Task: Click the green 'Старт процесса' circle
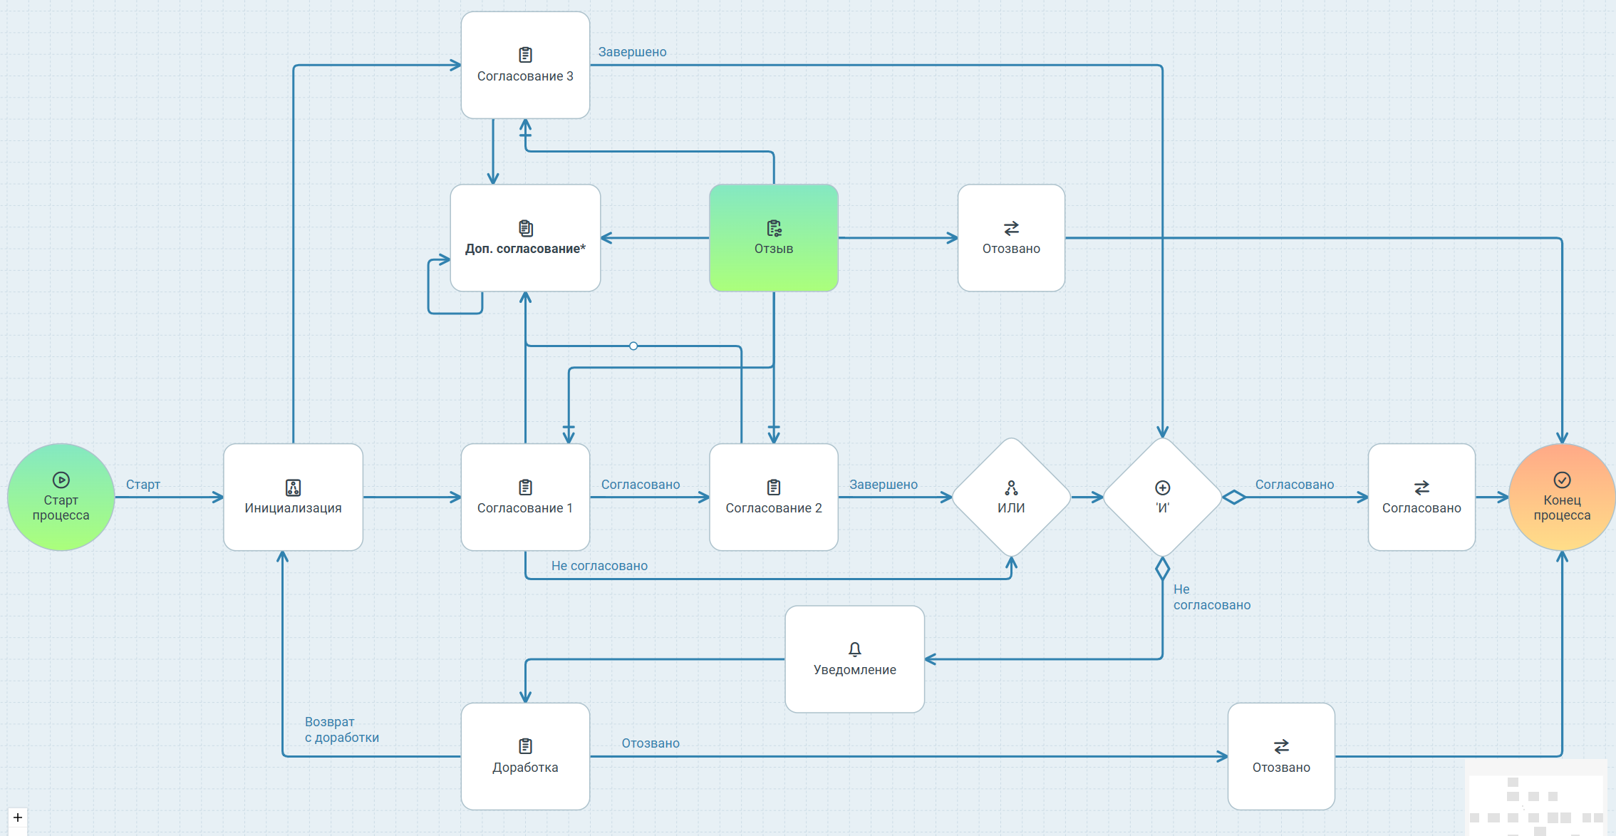pos(61,497)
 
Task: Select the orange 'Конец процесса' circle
pos(1561,497)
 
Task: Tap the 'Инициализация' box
pos(293,497)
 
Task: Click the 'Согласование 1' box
pos(525,497)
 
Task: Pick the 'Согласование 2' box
pos(773,497)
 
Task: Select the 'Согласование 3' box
pos(525,66)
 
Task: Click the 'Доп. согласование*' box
pos(525,238)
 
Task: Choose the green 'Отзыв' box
pos(773,238)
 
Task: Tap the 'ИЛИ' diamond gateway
pos(1011,497)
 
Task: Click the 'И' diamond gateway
pos(1162,497)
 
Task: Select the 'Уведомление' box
pos(854,659)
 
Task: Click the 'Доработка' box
pos(525,756)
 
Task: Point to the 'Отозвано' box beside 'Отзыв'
pos(1011,238)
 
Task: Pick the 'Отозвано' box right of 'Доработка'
pos(1281,756)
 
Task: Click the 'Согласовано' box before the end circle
pos(1421,497)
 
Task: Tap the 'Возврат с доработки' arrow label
pos(341,730)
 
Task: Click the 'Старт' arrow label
pos(143,485)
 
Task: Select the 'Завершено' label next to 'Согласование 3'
pos(632,52)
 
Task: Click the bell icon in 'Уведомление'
pos(854,649)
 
